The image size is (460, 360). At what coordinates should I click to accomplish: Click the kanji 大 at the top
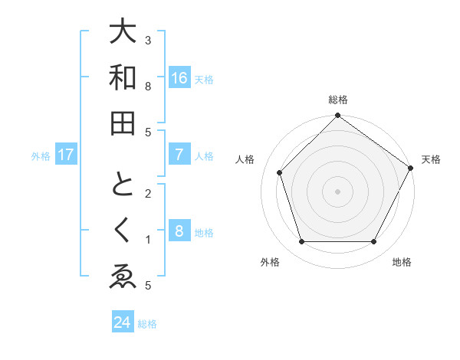pos(123,34)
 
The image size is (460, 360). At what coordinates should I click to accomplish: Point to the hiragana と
pos(123,187)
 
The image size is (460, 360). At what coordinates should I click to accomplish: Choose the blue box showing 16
pos(179,78)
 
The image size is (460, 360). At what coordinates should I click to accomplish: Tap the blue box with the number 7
pos(179,155)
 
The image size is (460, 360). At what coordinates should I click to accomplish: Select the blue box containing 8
pos(179,231)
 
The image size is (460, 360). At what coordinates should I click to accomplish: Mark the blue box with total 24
pos(123,322)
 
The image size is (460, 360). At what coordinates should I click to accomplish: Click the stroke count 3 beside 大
pos(148,40)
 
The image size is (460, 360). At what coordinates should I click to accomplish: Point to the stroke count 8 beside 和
pos(148,86)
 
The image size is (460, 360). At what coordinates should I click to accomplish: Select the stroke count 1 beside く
pos(148,240)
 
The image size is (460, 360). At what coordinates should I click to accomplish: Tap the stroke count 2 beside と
pos(148,193)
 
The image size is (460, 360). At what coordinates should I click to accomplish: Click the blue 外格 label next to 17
pos(41,156)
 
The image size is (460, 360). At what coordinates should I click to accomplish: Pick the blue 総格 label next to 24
pos(147,323)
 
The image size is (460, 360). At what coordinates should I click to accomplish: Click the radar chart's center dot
pos(337,190)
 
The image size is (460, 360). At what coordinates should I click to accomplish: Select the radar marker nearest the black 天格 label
pos(411,169)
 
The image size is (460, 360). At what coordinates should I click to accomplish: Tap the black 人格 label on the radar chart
pos(245,159)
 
